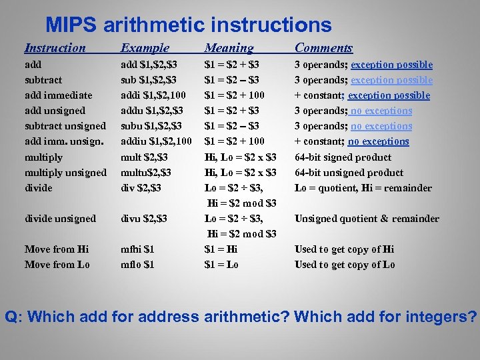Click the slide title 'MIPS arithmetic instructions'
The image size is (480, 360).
click(x=189, y=25)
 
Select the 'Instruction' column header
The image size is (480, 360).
click(x=55, y=48)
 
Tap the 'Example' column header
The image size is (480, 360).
click(x=145, y=48)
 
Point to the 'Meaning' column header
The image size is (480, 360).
click(x=229, y=48)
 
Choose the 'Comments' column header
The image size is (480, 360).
click(x=323, y=48)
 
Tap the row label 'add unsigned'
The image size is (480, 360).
click(x=55, y=111)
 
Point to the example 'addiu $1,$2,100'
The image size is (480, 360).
click(x=156, y=141)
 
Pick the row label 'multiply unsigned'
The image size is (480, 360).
click(x=65, y=173)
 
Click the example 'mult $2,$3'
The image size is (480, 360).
click(x=144, y=157)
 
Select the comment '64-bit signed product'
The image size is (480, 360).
click(x=343, y=157)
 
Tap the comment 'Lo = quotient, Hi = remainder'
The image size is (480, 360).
click(x=363, y=188)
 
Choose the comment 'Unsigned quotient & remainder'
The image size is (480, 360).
click(x=367, y=219)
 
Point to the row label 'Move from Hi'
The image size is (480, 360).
click(x=57, y=249)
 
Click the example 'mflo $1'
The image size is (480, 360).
click(x=137, y=265)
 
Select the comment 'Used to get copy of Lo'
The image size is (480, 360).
click(x=345, y=265)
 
